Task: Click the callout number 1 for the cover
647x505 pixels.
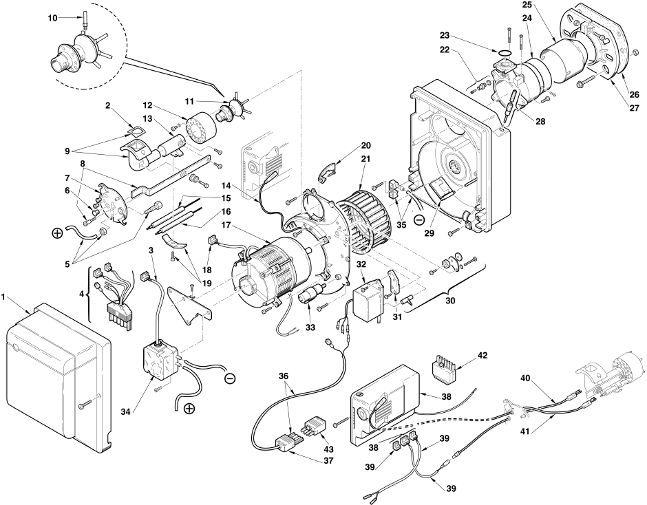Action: (x=3, y=297)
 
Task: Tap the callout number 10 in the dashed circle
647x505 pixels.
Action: (x=52, y=18)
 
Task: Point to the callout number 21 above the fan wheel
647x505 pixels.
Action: (x=365, y=159)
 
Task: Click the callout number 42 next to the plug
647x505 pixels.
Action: (x=482, y=355)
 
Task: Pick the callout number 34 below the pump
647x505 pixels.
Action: (x=126, y=411)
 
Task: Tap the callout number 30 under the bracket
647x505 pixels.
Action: (x=450, y=301)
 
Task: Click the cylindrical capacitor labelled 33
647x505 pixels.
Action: (x=311, y=295)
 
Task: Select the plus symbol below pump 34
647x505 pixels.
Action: (x=189, y=409)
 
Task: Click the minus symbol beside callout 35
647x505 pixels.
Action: (x=418, y=220)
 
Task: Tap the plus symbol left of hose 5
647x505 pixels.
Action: (x=56, y=233)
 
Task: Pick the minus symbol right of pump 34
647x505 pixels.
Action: (x=230, y=378)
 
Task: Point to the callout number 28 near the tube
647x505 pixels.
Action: (x=540, y=121)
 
